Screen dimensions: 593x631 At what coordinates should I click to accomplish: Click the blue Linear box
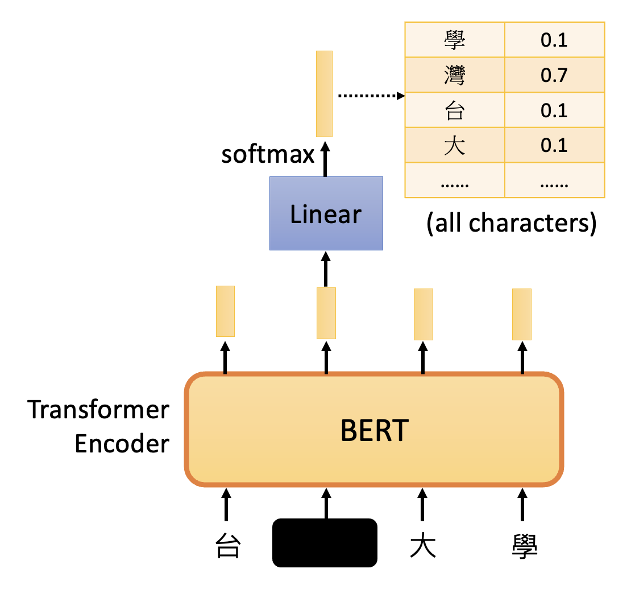(326, 213)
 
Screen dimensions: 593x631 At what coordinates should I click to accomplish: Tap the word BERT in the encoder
(374, 431)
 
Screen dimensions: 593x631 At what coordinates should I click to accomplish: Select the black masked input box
(325, 542)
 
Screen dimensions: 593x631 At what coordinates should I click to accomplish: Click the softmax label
(268, 155)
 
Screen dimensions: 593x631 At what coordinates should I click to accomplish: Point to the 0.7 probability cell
(554, 76)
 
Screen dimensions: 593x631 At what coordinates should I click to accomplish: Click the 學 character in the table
(454, 40)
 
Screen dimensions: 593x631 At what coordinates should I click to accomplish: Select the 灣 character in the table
(454, 76)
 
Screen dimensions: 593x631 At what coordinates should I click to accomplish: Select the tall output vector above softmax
(325, 94)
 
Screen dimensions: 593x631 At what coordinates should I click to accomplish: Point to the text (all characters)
(511, 224)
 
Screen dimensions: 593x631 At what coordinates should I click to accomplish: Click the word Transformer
(99, 410)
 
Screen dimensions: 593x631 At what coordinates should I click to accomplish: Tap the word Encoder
(122, 444)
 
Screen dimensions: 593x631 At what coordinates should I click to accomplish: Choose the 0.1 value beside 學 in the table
(554, 40)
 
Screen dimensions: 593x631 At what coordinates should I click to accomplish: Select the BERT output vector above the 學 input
(522, 314)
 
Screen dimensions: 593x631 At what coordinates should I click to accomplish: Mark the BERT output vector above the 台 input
(225, 311)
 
